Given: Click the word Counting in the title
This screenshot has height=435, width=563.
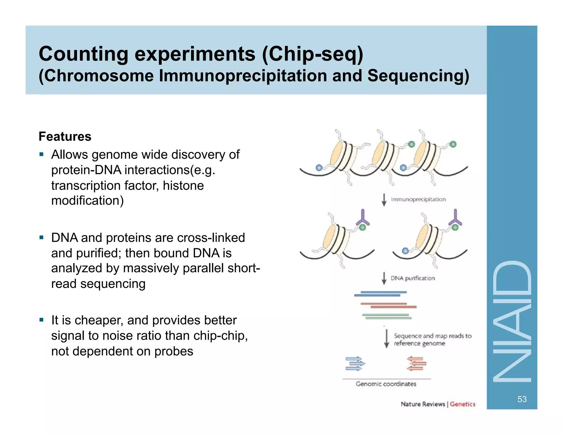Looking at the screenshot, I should click(x=83, y=54).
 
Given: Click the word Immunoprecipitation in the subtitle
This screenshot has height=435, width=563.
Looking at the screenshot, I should click(x=243, y=76).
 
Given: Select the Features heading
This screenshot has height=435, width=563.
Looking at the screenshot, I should click(x=65, y=137).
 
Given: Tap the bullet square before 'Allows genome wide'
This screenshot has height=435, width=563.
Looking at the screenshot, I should click(x=42, y=154).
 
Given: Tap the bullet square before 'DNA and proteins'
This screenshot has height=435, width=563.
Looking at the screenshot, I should click(x=42, y=237).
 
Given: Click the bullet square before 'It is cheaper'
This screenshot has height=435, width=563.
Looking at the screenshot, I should click(x=42, y=320).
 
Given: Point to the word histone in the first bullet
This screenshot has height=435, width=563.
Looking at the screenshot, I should click(x=183, y=186).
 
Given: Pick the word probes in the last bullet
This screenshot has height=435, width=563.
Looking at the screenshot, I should click(x=174, y=351).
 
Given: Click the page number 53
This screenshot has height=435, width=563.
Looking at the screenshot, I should click(x=522, y=399).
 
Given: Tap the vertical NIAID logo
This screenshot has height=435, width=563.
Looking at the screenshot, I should click(x=512, y=322).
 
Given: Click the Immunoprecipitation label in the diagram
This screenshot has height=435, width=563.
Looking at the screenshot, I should click(x=418, y=199).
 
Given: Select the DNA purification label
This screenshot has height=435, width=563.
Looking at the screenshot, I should click(x=413, y=278).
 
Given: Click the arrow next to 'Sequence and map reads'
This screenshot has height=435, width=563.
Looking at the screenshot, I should click(x=387, y=339).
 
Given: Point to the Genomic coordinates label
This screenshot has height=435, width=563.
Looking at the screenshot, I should click(x=386, y=384).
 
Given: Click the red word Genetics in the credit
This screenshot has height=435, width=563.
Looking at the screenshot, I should click(x=462, y=404).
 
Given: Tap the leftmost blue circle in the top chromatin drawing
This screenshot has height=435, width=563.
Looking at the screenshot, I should click(x=319, y=167).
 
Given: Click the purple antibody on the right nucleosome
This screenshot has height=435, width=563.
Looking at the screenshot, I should click(x=455, y=217).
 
